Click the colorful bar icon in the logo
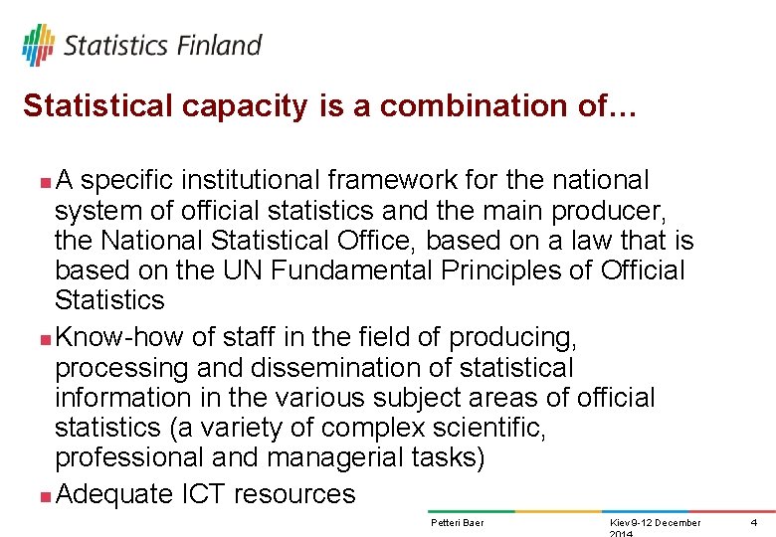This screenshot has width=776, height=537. (38, 45)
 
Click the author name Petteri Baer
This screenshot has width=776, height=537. (457, 523)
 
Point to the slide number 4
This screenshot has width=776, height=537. (753, 523)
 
